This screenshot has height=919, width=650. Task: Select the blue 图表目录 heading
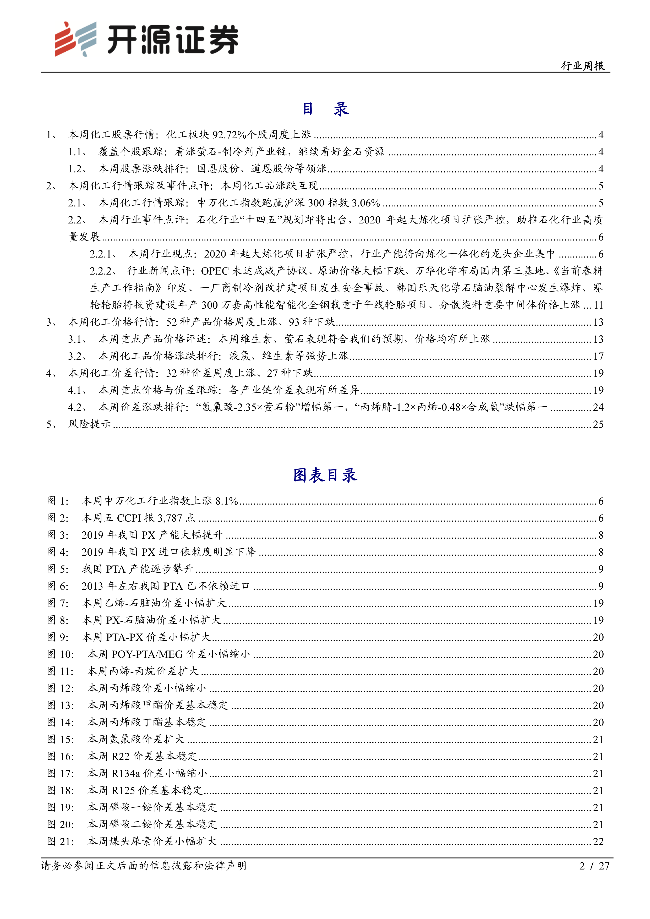(325, 475)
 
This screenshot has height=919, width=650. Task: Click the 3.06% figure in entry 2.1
(365, 203)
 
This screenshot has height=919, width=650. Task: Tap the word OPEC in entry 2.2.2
(215, 271)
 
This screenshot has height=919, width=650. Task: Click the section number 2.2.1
(102, 254)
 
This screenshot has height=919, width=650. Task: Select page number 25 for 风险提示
(598, 424)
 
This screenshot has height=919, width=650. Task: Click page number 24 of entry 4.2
(598, 407)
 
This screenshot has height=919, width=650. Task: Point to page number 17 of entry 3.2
(598, 356)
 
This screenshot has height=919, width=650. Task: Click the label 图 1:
(58, 501)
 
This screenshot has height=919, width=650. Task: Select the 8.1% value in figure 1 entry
(227, 501)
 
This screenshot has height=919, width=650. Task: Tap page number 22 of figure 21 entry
(598, 841)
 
